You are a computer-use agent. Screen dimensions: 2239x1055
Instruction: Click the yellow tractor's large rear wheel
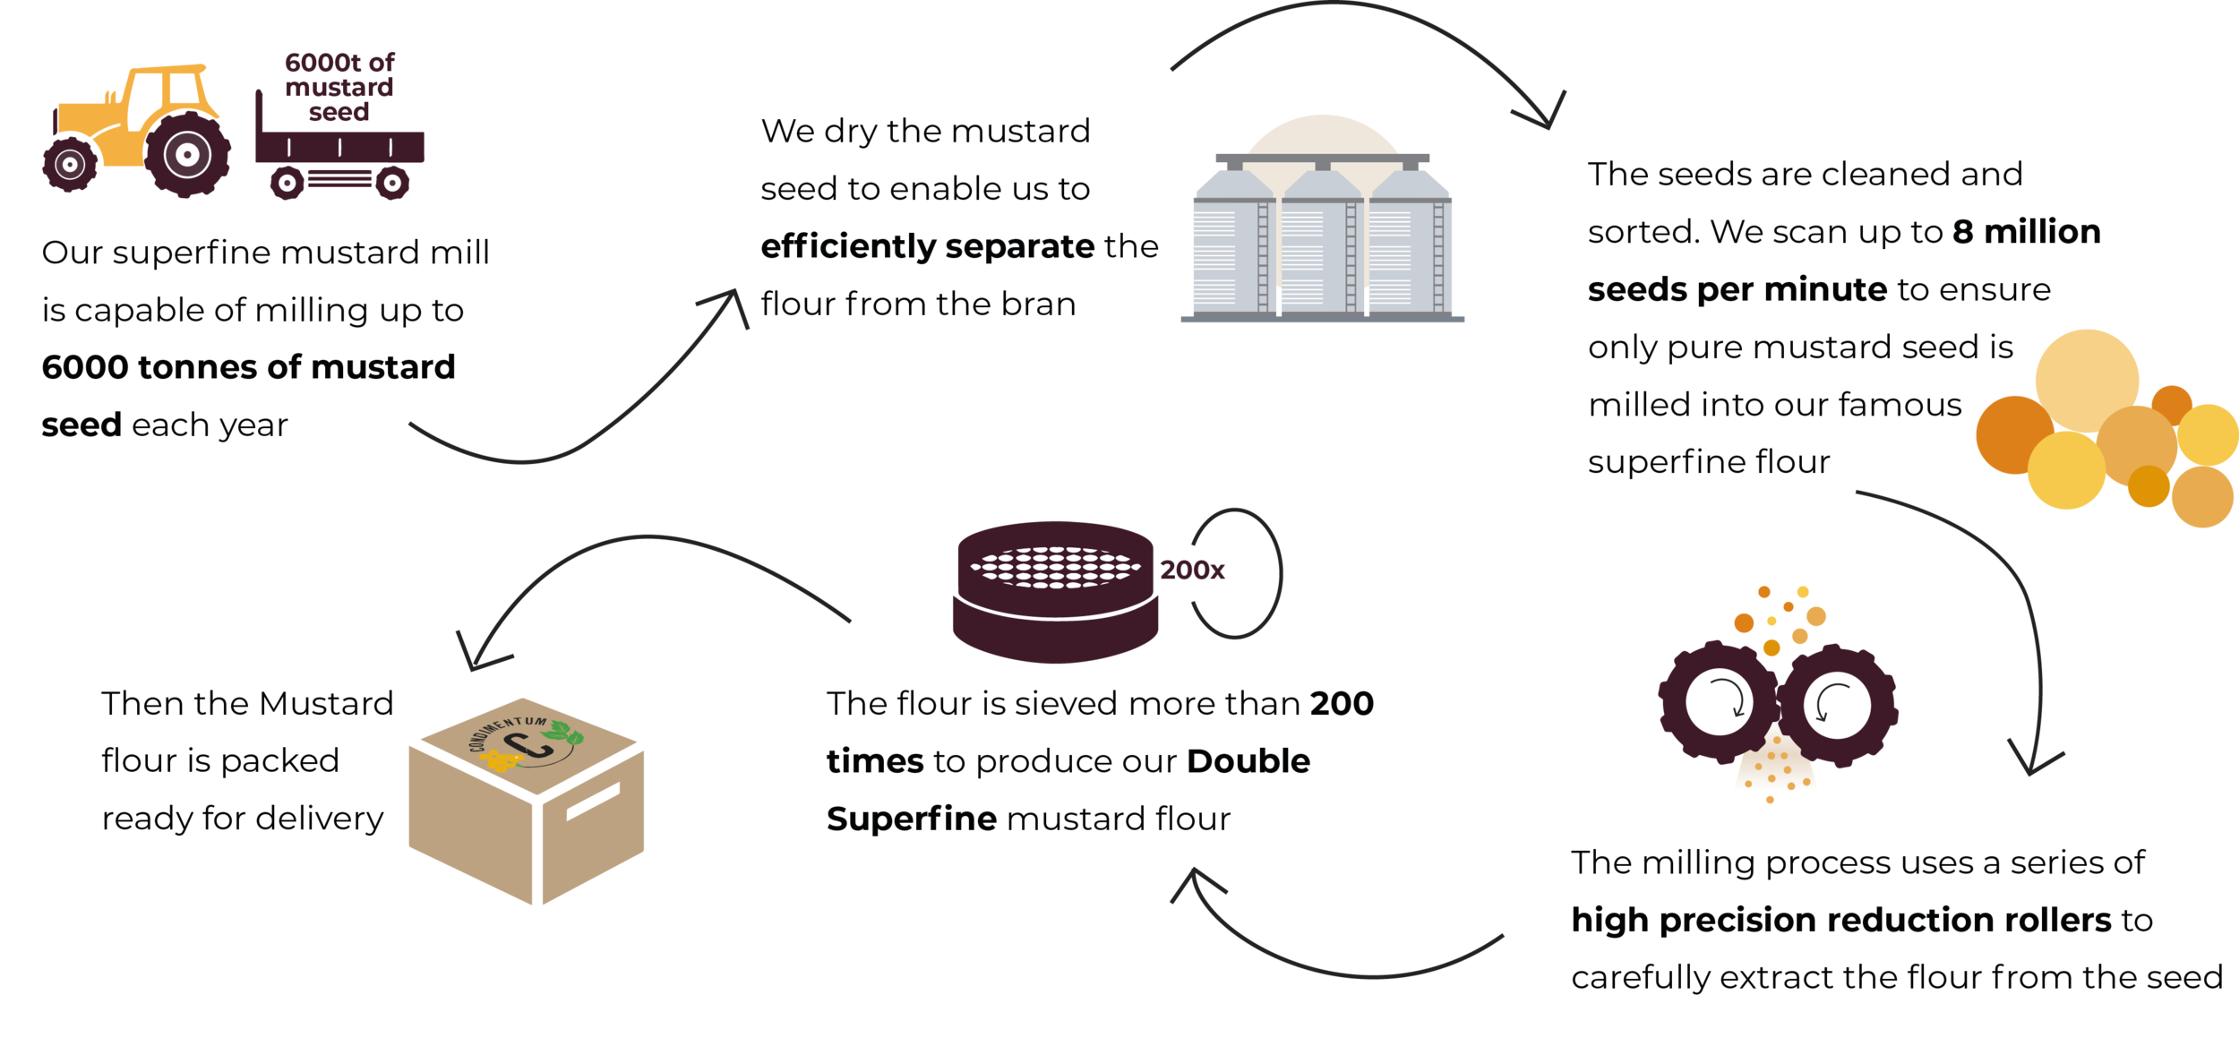pyautogui.click(x=187, y=154)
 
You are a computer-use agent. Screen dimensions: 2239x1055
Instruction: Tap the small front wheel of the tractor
pyautogui.click(x=70, y=164)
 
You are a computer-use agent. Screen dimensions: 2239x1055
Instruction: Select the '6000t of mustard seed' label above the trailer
pyautogui.click(x=339, y=87)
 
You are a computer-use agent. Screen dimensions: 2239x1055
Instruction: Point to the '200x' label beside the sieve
pyautogui.click(x=1192, y=570)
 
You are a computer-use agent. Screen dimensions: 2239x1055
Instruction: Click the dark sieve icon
pyautogui.click(x=1055, y=592)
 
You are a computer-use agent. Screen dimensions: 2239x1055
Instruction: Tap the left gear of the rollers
pyautogui.click(x=1719, y=703)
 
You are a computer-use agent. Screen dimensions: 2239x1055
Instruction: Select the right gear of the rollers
pyautogui.click(x=1837, y=706)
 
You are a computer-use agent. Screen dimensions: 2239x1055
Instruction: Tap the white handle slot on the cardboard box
pyautogui.click(x=593, y=801)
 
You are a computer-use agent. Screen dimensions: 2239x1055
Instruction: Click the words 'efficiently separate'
pyautogui.click(x=928, y=246)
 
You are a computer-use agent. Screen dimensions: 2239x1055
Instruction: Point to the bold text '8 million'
pyautogui.click(x=2027, y=232)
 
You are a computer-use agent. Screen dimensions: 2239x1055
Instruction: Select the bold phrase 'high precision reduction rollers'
pyautogui.click(x=1841, y=920)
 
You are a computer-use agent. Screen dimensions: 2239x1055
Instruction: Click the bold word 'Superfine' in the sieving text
pyautogui.click(x=912, y=819)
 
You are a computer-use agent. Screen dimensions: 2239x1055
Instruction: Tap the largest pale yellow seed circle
pyautogui.click(x=2087, y=381)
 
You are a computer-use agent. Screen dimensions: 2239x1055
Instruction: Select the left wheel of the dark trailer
pyautogui.click(x=287, y=184)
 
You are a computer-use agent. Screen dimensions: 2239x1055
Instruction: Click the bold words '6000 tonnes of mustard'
pyautogui.click(x=248, y=367)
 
